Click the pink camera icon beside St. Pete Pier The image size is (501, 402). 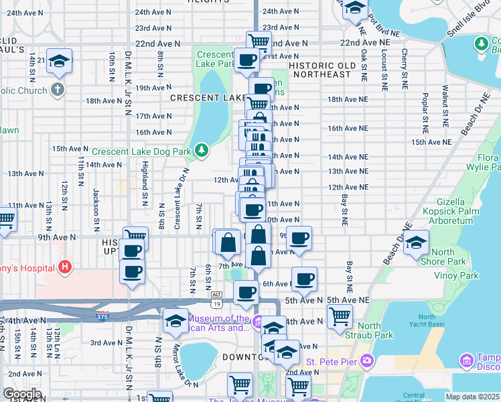[366, 362]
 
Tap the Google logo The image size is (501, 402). [21, 394]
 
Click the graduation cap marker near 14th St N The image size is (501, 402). [60, 62]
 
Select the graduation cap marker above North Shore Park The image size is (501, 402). [416, 243]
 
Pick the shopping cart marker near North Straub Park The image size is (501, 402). [340, 316]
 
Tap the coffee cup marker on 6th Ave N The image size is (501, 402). [304, 278]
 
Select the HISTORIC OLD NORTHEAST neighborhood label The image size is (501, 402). [329, 74]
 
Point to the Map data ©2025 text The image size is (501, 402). [472, 397]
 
